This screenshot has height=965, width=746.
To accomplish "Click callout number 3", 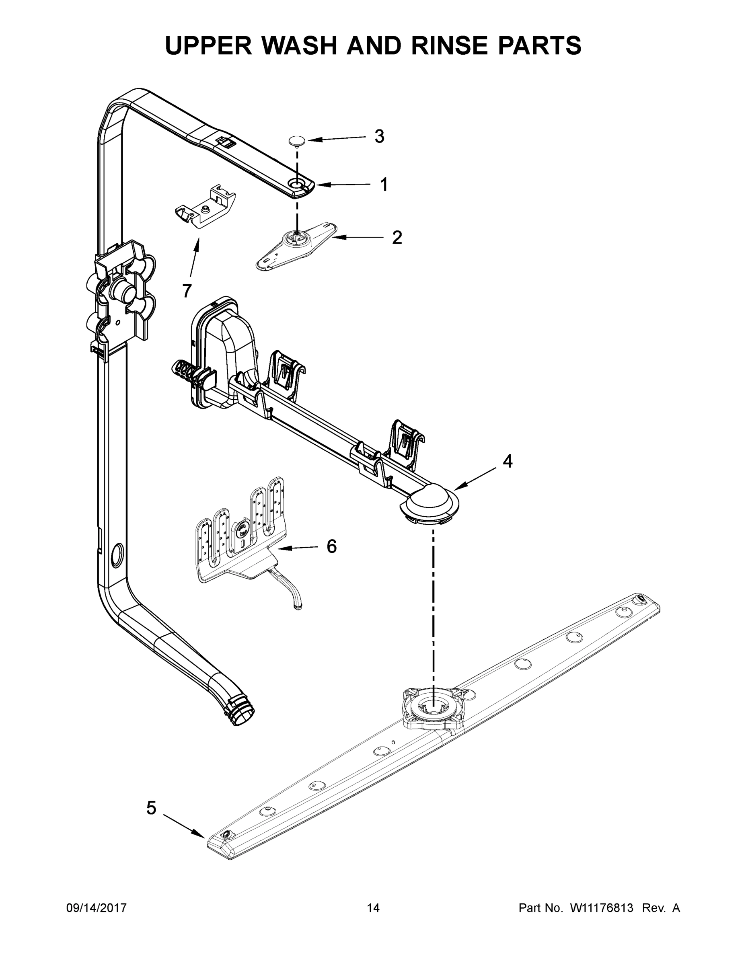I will pyautogui.click(x=379, y=137).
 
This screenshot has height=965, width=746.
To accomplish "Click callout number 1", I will pyautogui.click(x=384, y=185).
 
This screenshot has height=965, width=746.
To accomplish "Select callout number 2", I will pyautogui.click(x=397, y=238).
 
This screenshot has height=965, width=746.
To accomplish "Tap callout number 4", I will pyautogui.click(x=508, y=461).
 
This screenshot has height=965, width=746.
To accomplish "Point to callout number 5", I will pyautogui.click(x=151, y=808).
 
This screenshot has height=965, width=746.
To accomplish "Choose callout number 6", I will pyautogui.click(x=331, y=546).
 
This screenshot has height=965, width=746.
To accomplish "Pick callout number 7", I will pyautogui.click(x=187, y=291).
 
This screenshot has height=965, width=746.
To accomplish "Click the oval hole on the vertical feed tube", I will pyautogui.click(x=117, y=555).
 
